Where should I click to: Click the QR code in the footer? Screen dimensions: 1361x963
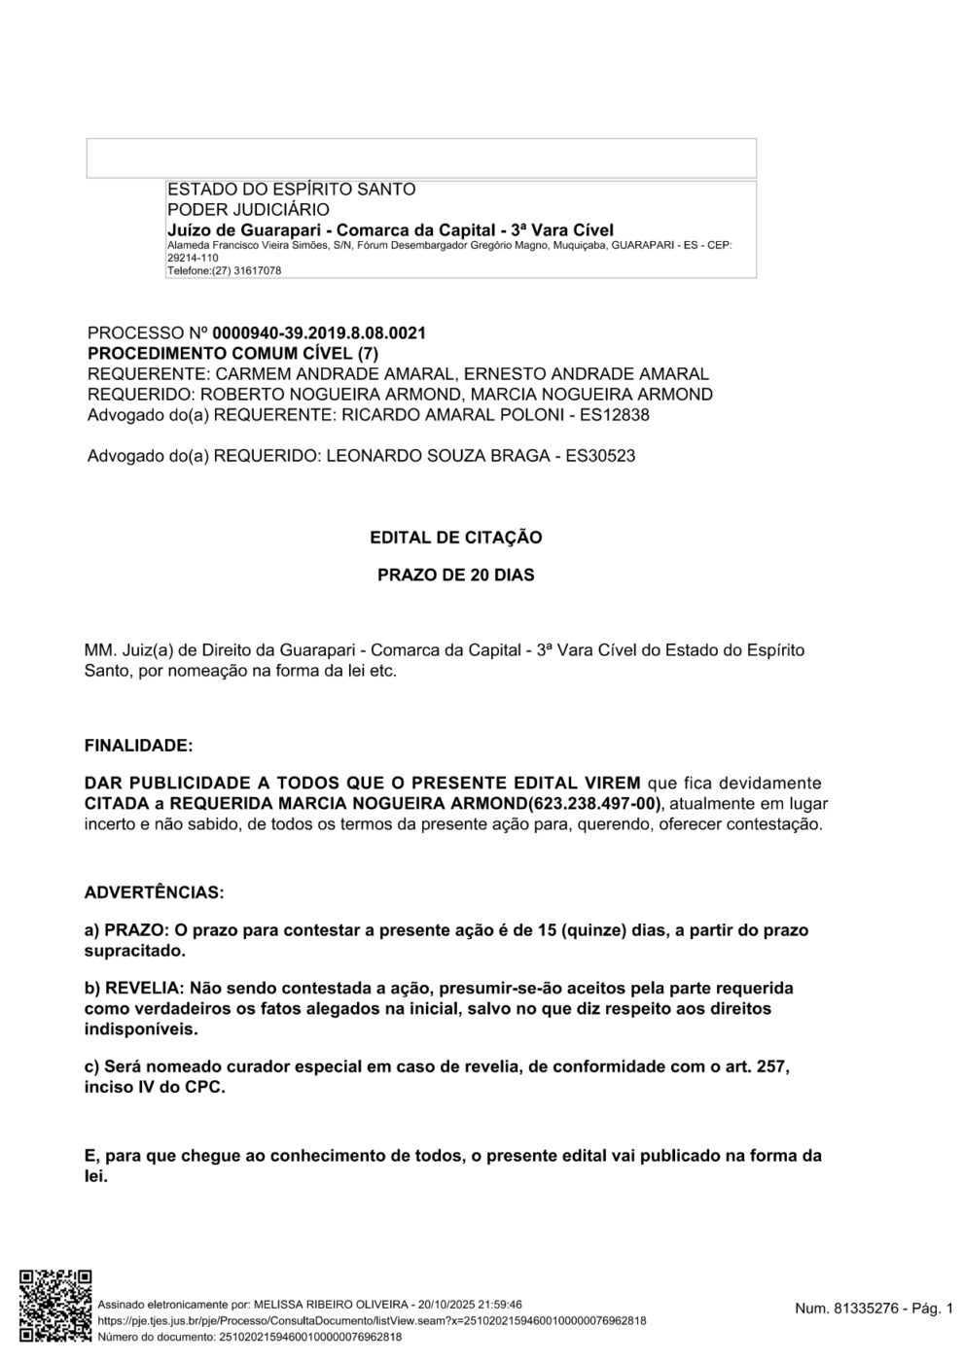click(x=56, y=1306)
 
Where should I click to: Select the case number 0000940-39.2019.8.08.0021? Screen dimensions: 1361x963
click(x=319, y=333)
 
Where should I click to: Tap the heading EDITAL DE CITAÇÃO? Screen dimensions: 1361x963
click(x=455, y=538)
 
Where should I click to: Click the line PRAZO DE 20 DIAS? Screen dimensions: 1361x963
click(x=455, y=576)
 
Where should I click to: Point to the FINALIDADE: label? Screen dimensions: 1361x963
click(x=139, y=747)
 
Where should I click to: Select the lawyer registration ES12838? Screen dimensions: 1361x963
click(x=613, y=415)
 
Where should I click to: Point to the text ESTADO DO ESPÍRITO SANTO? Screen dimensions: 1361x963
click(x=291, y=190)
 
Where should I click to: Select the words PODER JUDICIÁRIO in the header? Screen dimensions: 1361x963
click(x=248, y=210)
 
